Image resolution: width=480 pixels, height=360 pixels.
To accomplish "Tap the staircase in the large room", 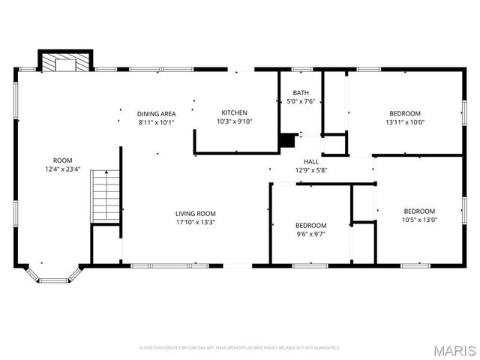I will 106,196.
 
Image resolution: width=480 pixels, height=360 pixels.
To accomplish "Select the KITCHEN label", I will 234,112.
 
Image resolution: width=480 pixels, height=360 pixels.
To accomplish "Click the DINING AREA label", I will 156,114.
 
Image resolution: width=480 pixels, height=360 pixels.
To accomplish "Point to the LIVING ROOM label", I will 195,213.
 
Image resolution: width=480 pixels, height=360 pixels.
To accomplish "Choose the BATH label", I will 300,93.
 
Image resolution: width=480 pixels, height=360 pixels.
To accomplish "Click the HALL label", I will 310,161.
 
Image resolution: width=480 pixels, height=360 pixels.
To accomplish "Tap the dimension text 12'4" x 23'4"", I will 62,169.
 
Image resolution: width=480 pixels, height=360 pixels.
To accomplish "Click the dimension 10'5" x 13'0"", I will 419,220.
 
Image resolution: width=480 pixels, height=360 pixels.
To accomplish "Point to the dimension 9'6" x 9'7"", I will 310,234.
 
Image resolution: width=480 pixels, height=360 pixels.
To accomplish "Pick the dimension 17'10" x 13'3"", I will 195,222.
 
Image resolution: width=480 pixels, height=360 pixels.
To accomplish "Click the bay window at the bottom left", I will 52,276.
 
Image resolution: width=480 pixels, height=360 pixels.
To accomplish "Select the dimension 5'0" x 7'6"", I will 300,102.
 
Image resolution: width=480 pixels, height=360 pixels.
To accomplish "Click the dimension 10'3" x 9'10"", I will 234,121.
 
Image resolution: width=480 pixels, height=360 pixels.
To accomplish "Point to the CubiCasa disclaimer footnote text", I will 240,348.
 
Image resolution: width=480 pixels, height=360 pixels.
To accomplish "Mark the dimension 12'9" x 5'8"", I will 310,169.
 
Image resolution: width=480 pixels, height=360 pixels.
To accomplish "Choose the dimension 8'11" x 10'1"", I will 156,122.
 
